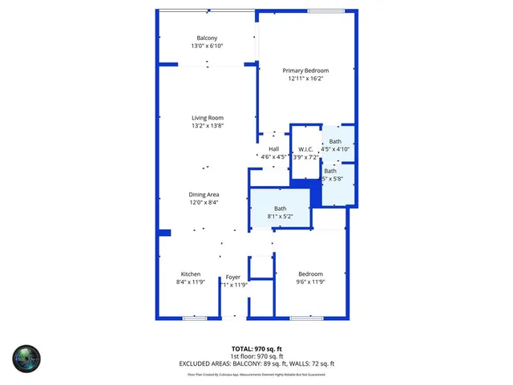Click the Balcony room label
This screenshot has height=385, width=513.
207,38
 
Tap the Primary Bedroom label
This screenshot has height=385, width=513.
305,71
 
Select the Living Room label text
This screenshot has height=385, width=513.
207,118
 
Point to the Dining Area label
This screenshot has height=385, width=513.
204,195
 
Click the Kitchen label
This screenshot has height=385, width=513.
190,274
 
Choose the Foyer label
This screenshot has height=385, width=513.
232,277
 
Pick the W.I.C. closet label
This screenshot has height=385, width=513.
305,149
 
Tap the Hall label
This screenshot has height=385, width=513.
273,149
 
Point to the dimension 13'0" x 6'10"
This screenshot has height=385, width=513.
207,46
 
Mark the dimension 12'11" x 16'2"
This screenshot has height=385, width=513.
305,79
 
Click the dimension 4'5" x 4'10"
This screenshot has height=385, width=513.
335,148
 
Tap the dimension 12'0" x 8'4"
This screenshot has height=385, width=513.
204,203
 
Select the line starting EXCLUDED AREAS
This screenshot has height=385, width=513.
256,363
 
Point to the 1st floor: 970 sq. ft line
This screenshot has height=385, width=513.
256,356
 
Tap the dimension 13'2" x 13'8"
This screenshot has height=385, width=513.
207,126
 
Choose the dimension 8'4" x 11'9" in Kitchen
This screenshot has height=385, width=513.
190,282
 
